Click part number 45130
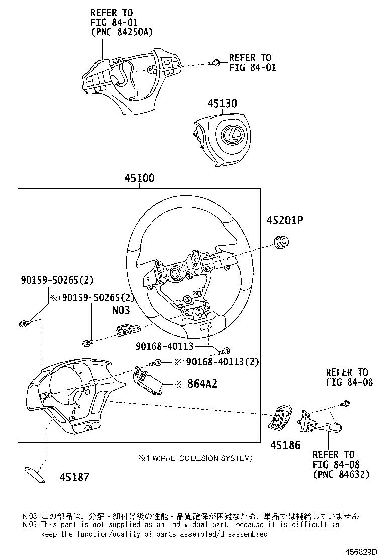(x=223, y=104)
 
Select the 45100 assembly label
(x=139, y=179)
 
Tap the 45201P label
(x=286, y=221)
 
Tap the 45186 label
(x=284, y=445)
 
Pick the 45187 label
(x=74, y=477)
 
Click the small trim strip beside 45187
(x=36, y=474)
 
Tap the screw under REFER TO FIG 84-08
(x=345, y=403)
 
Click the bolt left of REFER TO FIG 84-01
(x=215, y=63)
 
